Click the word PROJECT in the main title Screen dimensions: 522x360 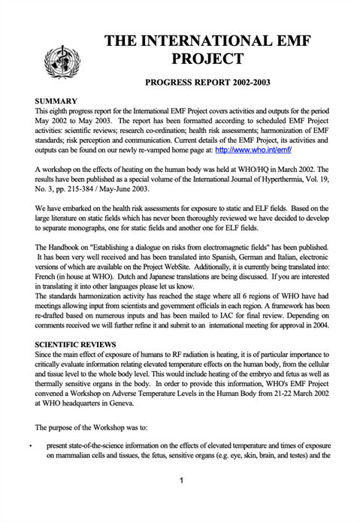(207, 59)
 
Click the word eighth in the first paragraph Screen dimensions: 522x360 (61, 110)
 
